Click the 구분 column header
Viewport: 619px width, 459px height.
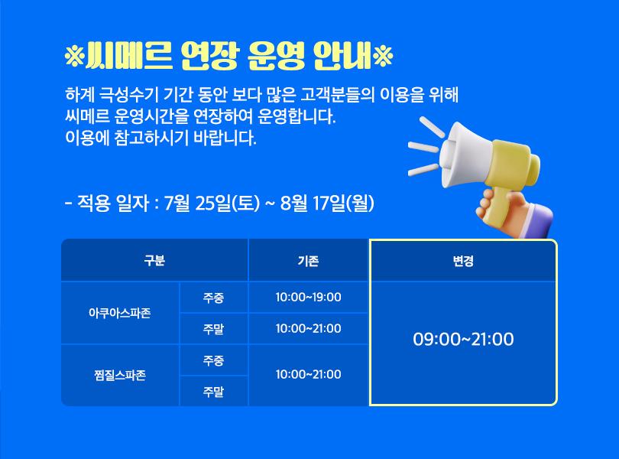[x=154, y=261]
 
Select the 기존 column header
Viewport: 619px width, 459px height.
[x=308, y=261]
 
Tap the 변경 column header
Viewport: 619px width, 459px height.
[x=463, y=261]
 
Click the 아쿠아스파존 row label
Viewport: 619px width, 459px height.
[x=120, y=313]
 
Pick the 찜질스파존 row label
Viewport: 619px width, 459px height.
[x=120, y=375]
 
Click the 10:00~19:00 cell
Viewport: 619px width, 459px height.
[x=308, y=297]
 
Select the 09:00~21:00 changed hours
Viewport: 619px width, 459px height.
[x=463, y=339]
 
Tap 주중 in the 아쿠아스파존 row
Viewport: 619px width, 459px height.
[x=213, y=298]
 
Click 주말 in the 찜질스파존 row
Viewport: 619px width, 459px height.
[x=213, y=392]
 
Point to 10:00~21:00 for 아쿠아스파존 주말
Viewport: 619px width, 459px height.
[x=308, y=328]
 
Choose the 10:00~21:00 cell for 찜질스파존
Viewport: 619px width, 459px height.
[x=308, y=374]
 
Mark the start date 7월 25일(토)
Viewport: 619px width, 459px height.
[x=212, y=203]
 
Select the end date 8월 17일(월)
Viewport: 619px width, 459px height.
[x=327, y=203]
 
